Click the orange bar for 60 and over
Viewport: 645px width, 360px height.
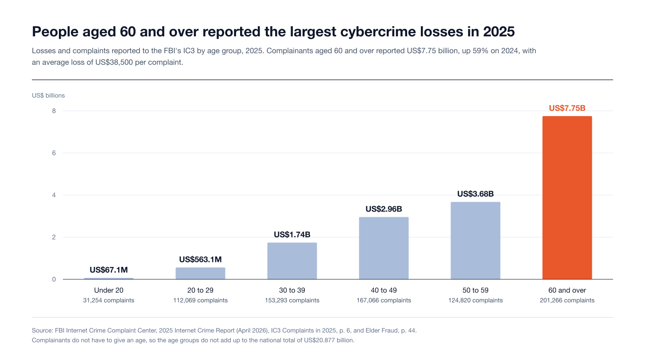coord(567,198)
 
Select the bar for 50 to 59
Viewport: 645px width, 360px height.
coord(475,240)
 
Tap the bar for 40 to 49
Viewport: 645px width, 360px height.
coord(384,248)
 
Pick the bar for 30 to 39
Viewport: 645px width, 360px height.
coord(292,261)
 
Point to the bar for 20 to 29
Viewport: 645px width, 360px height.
coord(200,273)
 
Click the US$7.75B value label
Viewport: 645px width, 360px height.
coord(567,108)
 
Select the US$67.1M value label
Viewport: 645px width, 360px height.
coord(109,270)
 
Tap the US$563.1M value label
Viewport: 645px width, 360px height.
coord(200,259)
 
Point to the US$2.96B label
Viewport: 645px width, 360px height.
coord(384,209)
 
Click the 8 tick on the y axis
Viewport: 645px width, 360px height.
coord(54,111)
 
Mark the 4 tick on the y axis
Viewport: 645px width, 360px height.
coord(54,195)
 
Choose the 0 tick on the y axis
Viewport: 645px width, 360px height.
coord(54,279)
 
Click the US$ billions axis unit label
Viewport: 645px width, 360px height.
coord(48,95)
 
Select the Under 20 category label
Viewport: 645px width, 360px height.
coord(109,290)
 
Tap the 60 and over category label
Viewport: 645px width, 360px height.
coord(567,290)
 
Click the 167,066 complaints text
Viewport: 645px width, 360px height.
coord(384,300)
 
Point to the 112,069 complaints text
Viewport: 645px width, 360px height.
coord(200,300)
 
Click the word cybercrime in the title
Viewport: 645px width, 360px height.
coord(378,32)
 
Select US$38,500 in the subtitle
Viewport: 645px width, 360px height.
coord(114,62)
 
